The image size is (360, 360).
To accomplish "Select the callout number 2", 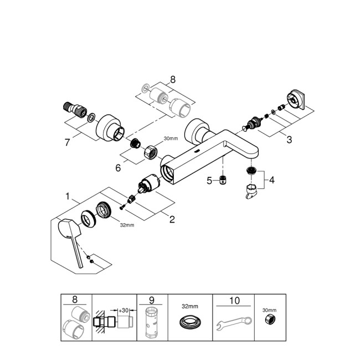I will coord(172,220).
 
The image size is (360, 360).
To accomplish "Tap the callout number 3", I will coord(289,140).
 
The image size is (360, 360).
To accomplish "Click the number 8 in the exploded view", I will coord(173,79).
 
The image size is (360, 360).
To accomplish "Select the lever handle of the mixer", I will coord(69,233).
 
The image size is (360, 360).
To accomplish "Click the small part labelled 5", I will coord(222,179).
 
